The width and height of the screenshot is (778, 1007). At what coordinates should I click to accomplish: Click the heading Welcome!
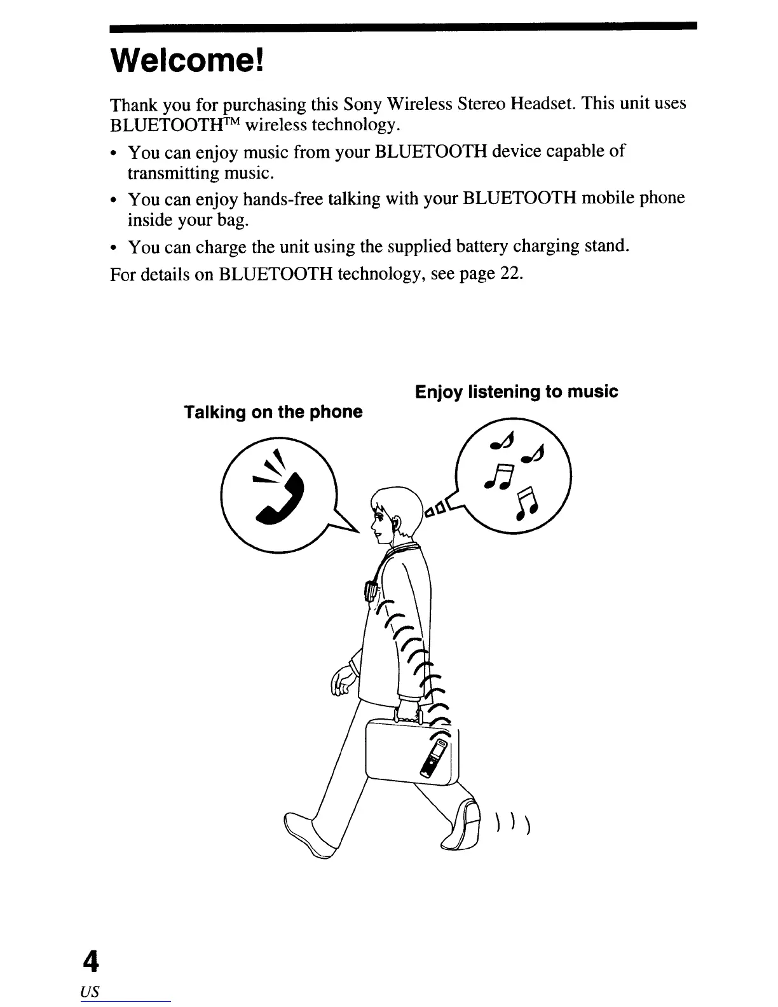click(x=186, y=60)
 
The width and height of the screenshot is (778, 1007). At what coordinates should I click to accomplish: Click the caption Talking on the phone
click(x=273, y=412)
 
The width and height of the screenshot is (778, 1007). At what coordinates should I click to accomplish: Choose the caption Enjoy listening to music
click(x=515, y=392)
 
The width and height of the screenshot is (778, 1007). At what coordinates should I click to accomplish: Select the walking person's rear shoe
click(x=465, y=826)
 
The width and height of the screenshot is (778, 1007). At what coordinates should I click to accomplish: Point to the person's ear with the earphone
click(x=396, y=523)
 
